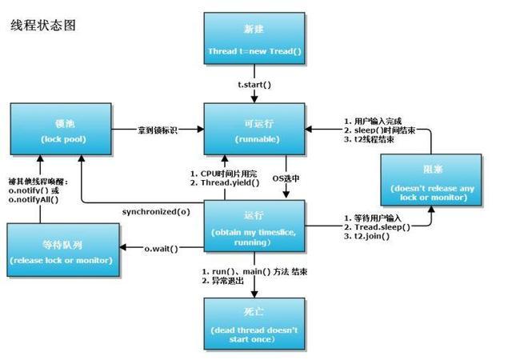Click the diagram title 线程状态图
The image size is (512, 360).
click(43, 25)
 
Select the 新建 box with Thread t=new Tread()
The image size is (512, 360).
click(254, 40)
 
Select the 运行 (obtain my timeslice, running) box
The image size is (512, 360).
click(254, 227)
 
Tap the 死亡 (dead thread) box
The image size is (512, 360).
click(254, 323)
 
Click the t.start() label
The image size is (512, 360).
click(254, 84)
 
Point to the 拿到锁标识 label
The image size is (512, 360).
click(158, 128)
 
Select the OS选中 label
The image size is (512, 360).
click(286, 178)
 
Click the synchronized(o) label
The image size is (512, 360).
click(156, 211)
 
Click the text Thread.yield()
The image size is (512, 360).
click(230, 183)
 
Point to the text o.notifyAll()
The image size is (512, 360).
click(39, 199)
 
